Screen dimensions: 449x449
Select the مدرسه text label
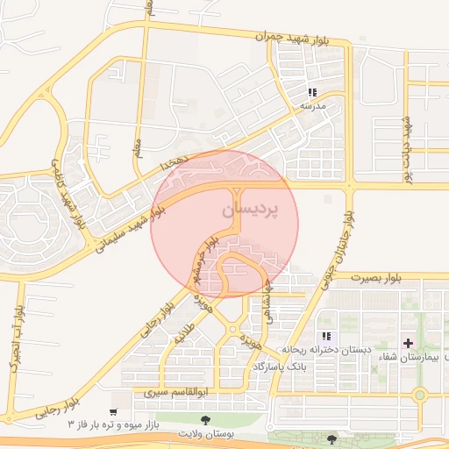click(312, 106)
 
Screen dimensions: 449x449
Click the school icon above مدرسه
click(312, 93)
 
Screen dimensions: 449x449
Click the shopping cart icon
click(113, 411)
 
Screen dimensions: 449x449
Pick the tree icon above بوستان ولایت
click(206, 421)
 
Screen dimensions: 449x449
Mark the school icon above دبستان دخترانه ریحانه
click(326, 336)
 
